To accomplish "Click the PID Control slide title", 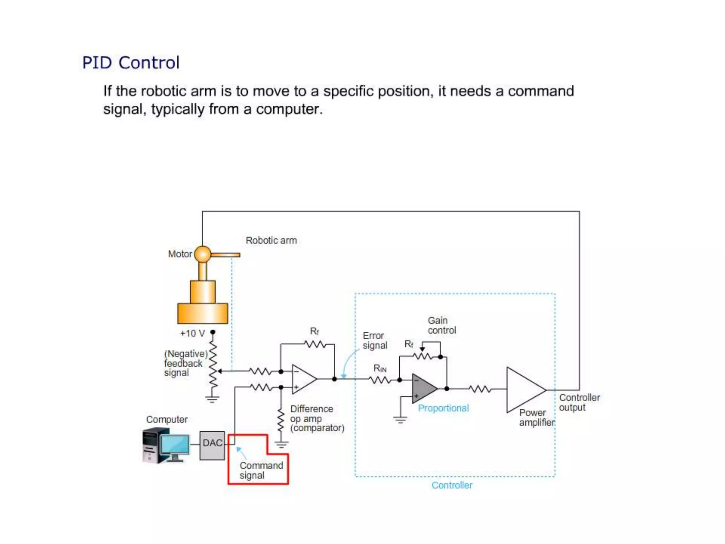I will (x=131, y=63).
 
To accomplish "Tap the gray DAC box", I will (x=212, y=445).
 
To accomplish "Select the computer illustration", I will (x=166, y=445).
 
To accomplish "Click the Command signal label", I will (x=261, y=470).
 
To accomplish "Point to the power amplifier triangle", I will (x=523, y=390).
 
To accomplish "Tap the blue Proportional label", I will (x=443, y=408).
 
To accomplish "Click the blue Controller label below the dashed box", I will (x=452, y=485).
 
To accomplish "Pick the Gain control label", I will (x=441, y=325).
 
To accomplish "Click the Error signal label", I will (x=375, y=340).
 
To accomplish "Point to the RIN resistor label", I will (x=379, y=369).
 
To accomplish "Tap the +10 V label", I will (x=192, y=333).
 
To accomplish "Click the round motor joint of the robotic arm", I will (x=202, y=254).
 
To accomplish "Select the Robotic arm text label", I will (x=271, y=240).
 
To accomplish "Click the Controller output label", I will (x=579, y=402).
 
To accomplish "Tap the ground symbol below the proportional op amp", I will (x=400, y=420).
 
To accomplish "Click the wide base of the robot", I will (x=202, y=313).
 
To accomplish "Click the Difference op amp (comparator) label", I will (x=316, y=418).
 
